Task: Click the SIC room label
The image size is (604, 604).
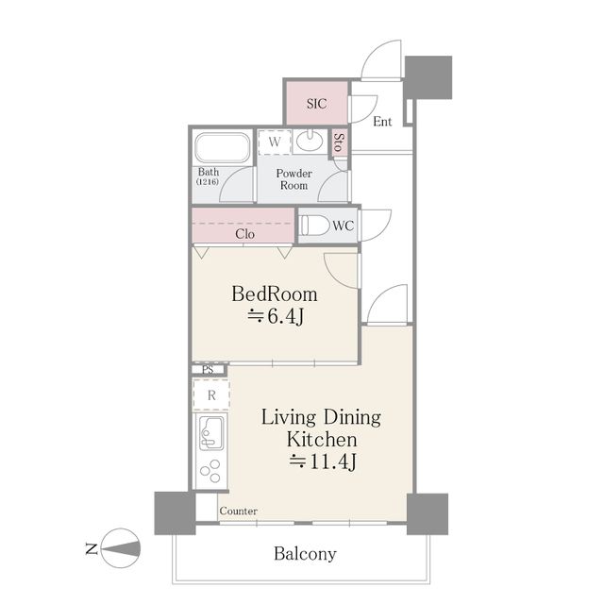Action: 317,104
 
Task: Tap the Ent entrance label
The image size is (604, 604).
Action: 382,122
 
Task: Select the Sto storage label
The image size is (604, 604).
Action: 339,143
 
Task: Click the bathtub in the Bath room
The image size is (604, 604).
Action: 223,147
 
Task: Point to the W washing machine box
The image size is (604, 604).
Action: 275,143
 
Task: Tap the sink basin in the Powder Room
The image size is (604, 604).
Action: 310,142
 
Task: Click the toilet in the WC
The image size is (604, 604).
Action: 314,225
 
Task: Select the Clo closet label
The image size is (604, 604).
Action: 244,234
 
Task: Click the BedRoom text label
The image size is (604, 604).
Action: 275,294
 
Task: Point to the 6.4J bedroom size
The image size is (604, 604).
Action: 276,317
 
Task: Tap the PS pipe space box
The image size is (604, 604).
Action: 208,370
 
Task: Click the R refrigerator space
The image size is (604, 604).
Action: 211,394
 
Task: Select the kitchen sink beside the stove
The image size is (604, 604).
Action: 210,433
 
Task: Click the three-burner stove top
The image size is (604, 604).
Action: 210,471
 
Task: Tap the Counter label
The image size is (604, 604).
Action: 239,511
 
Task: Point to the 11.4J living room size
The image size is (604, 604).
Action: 323,461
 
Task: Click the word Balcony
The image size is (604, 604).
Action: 305,554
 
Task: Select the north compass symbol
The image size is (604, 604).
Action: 122,547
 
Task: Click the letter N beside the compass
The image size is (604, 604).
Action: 92,548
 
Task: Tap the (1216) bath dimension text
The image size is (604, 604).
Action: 208,181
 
